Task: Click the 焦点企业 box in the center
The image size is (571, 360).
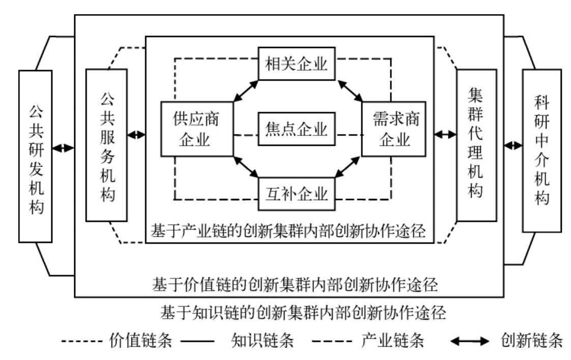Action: pyautogui.click(x=296, y=129)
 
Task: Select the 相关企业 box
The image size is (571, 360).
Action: pyautogui.click(x=296, y=64)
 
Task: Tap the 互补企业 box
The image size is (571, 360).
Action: pyautogui.click(x=296, y=194)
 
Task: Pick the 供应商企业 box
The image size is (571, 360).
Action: pyautogui.click(x=197, y=129)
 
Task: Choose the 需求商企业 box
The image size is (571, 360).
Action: pyautogui.click(x=394, y=129)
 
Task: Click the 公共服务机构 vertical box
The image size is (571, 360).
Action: pyautogui.click(x=106, y=145)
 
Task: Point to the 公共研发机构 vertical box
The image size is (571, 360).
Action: pyautogui.click(x=35, y=156)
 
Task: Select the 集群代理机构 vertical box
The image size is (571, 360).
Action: pyautogui.click(x=477, y=145)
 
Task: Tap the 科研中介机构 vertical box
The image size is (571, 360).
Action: pyautogui.click(x=542, y=151)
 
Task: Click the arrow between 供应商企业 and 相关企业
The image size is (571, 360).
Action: pyautogui.click(x=246, y=91)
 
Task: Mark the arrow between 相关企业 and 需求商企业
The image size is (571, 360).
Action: pyautogui.click(x=350, y=91)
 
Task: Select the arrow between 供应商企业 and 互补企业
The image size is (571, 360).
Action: pyautogui.click(x=246, y=167)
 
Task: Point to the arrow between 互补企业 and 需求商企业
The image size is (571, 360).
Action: pyautogui.click(x=348, y=167)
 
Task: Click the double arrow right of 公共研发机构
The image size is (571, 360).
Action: pyautogui.click(x=64, y=148)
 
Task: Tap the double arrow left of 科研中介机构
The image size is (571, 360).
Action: pyautogui.click(x=513, y=146)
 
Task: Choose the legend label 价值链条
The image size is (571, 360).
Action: pyautogui.click(x=141, y=341)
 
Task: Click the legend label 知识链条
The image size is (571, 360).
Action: pyautogui.click(x=262, y=341)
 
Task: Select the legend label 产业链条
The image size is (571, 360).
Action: pyautogui.click(x=392, y=341)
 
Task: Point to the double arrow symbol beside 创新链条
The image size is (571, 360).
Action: pyautogui.click(x=470, y=341)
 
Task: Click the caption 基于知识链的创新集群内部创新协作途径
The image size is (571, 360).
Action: pyautogui.click(x=303, y=313)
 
